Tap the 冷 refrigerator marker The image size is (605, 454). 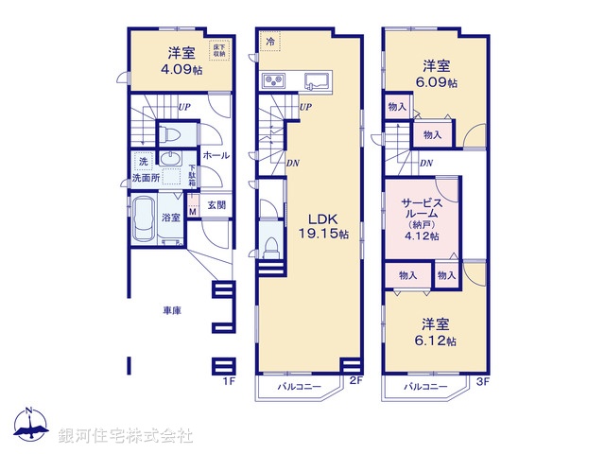pos(270,42)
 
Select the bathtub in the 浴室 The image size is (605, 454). pos(147,223)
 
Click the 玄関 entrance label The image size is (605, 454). pos(216,204)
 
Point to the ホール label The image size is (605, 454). pos(215,155)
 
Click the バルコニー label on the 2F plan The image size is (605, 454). pos(300,388)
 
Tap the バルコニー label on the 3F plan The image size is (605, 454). pos(426,388)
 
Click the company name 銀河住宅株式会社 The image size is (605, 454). pos(125,437)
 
